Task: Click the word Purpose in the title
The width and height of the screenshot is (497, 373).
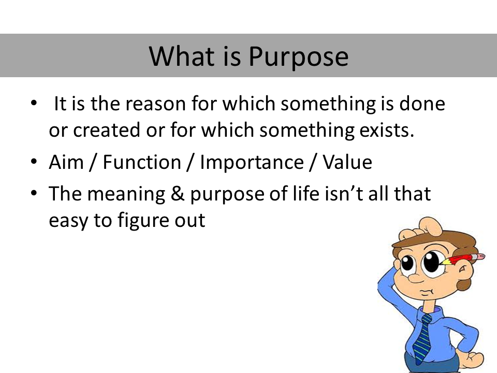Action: click(x=298, y=57)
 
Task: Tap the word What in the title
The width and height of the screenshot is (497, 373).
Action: click(x=181, y=56)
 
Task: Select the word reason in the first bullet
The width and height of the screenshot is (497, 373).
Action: click(x=156, y=104)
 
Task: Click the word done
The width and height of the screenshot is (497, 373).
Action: click(x=422, y=104)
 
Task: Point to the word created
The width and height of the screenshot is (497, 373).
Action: click(x=107, y=130)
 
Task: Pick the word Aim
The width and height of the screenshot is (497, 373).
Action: click(x=66, y=162)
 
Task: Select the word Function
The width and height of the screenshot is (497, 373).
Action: click(x=142, y=162)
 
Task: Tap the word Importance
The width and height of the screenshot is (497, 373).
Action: click(x=252, y=162)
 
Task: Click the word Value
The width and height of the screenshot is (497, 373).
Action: click(x=347, y=162)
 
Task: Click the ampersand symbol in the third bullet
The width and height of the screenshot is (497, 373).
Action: click(x=178, y=194)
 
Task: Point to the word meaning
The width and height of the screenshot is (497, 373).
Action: click(x=126, y=195)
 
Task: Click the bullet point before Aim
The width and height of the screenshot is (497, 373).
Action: click(x=34, y=162)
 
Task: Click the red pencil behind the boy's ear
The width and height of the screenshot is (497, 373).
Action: click(x=463, y=259)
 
